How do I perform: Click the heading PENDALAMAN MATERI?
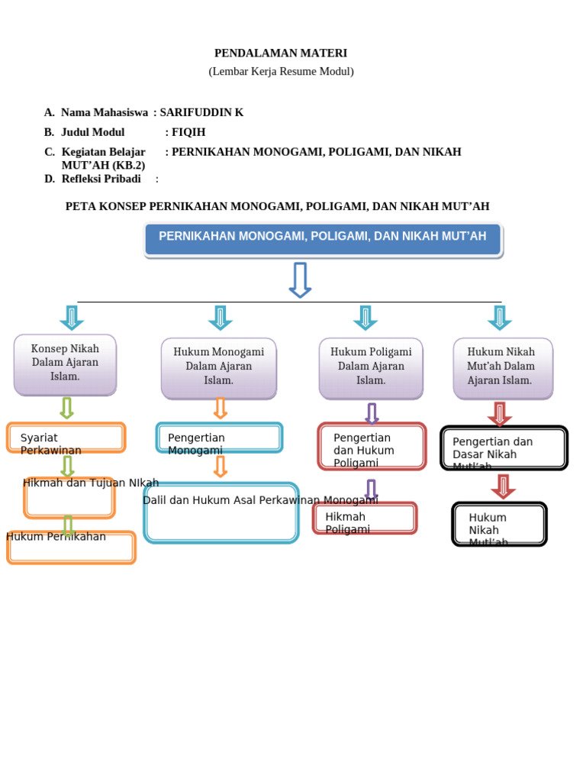[x=280, y=53]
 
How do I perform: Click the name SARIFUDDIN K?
[x=201, y=112]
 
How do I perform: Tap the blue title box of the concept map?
[x=323, y=239]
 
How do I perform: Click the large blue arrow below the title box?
[x=300, y=280]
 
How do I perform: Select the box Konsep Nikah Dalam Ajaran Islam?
[x=66, y=364]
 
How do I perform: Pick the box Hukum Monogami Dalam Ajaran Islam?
[x=219, y=367]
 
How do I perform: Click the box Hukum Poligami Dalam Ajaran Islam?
[x=371, y=367]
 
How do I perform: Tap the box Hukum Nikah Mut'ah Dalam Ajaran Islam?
[x=503, y=367]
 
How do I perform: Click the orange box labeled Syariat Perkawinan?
[x=66, y=438]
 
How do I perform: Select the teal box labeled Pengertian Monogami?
[x=220, y=438]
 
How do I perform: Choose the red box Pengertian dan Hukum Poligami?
[x=372, y=446]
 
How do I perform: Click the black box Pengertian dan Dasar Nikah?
[x=504, y=448]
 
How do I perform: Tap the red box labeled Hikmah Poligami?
[x=365, y=518]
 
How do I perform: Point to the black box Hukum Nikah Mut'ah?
[x=499, y=524]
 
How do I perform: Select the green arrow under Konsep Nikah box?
[x=67, y=408]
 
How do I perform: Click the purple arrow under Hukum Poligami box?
[x=372, y=413]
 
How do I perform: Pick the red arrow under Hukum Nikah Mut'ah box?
[x=500, y=413]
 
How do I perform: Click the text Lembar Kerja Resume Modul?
[x=281, y=72]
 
